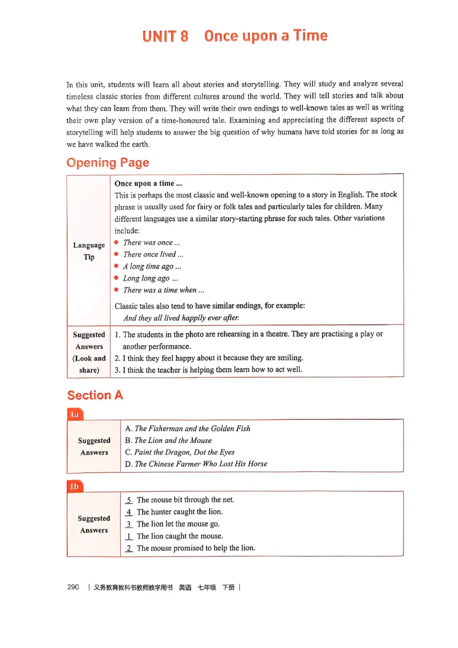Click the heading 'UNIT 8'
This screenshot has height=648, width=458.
point(165,37)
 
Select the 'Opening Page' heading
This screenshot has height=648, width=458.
point(108,163)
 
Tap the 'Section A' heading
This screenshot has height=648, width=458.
point(95,395)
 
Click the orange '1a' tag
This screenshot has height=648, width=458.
point(74,414)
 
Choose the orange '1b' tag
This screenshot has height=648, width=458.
point(74,487)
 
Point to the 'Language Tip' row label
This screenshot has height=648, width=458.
point(89,251)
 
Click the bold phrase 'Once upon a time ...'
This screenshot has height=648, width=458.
point(148,184)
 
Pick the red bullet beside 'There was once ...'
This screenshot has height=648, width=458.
point(117,242)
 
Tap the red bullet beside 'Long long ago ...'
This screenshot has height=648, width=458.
point(117,278)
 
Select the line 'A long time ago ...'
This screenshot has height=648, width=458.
point(152,266)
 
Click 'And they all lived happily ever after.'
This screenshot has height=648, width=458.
point(181,318)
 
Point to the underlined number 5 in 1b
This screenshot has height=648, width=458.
point(129,500)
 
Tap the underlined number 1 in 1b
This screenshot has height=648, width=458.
point(129,536)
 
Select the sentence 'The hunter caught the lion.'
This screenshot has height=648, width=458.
point(179,512)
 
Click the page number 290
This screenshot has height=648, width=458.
point(73,587)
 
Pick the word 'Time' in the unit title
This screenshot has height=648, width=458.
point(310,35)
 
